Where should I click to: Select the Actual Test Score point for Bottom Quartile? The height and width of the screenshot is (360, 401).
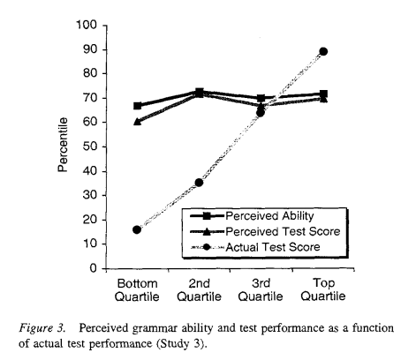137,229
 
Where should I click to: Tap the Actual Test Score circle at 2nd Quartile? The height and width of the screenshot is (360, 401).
199,183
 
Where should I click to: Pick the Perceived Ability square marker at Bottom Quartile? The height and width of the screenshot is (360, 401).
137,106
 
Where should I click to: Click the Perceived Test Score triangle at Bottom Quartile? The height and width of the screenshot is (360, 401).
137,121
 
